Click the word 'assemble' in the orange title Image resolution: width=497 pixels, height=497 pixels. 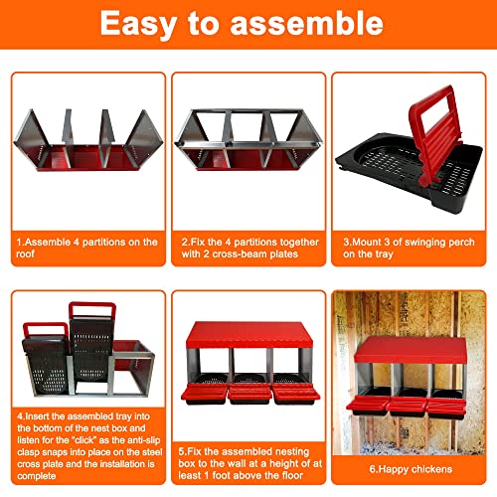pyautogui.click(x=306, y=23)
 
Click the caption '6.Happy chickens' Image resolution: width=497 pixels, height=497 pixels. pyautogui.click(x=411, y=469)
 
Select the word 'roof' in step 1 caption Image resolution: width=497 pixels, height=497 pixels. pyautogui.click(x=25, y=254)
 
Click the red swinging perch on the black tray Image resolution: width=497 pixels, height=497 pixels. pyautogui.click(x=434, y=132)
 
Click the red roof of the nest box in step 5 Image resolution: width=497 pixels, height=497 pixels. pyautogui.click(x=249, y=335)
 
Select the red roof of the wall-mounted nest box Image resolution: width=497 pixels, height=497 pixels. pyautogui.click(x=411, y=350)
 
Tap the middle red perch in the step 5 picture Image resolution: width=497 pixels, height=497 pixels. pyautogui.click(x=249, y=392)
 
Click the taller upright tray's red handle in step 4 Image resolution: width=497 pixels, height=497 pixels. pyautogui.click(x=92, y=309)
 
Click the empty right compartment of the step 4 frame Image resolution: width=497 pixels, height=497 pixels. pyautogui.click(x=131, y=370)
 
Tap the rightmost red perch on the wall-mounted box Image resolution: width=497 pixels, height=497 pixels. pyautogui.click(x=445, y=406)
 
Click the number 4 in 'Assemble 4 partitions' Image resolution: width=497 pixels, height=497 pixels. pyautogui.click(x=77, y=243)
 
